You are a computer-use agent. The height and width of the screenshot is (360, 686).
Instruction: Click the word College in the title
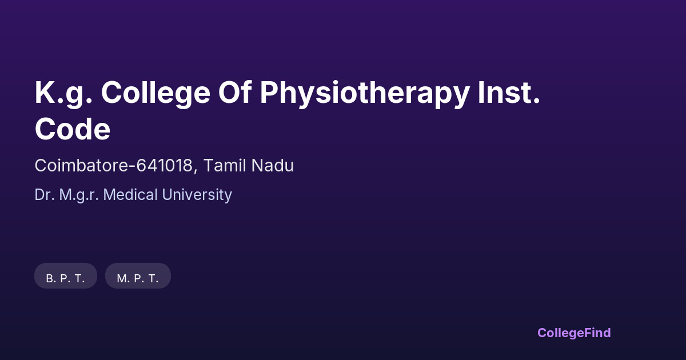point(155,93)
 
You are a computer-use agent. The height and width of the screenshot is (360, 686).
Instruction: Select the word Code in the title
point(72,129)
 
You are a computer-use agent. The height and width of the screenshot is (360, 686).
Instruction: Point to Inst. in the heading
point(509,92)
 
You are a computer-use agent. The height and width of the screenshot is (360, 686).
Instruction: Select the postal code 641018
point(164,165)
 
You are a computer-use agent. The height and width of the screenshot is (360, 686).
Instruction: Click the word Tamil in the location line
point(225,165)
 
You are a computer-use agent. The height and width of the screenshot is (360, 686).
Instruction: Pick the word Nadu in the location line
point(272,165)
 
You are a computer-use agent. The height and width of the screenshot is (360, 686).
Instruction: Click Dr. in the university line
point(45,195)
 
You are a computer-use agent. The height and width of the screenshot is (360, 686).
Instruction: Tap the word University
point(197,195)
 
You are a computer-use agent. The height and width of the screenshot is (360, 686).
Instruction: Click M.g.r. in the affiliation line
point(79,195)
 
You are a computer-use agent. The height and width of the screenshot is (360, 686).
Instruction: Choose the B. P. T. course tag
point(66,276)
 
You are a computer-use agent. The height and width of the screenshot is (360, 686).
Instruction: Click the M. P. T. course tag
point(138,276)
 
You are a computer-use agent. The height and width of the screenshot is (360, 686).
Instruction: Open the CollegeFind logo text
point(574,333)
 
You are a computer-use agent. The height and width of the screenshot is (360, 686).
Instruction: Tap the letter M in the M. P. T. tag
point(121,279)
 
